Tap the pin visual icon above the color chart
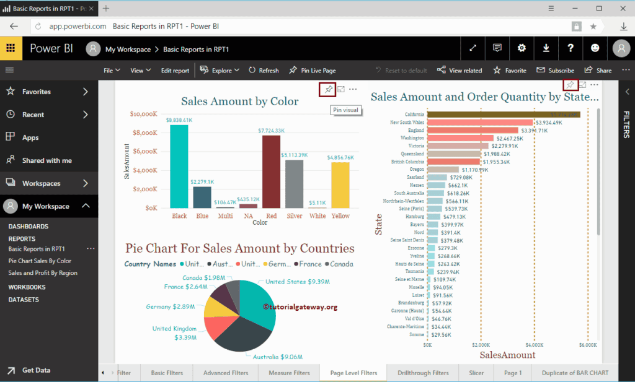327,90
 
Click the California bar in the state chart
503,115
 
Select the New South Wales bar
479,123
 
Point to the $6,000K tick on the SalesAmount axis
588,344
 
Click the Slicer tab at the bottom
476,373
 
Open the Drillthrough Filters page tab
423,373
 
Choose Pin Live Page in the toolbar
313,71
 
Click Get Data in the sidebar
36,370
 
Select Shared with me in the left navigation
47,160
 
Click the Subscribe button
556,71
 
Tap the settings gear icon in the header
522,48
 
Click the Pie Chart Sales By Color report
40,261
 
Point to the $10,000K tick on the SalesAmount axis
143,114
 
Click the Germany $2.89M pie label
171,307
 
